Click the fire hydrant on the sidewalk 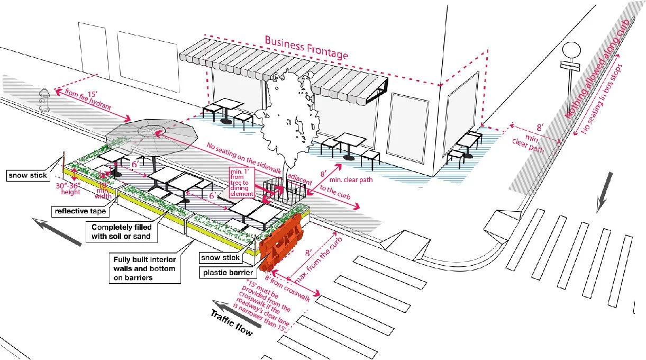tap(44, 100)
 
